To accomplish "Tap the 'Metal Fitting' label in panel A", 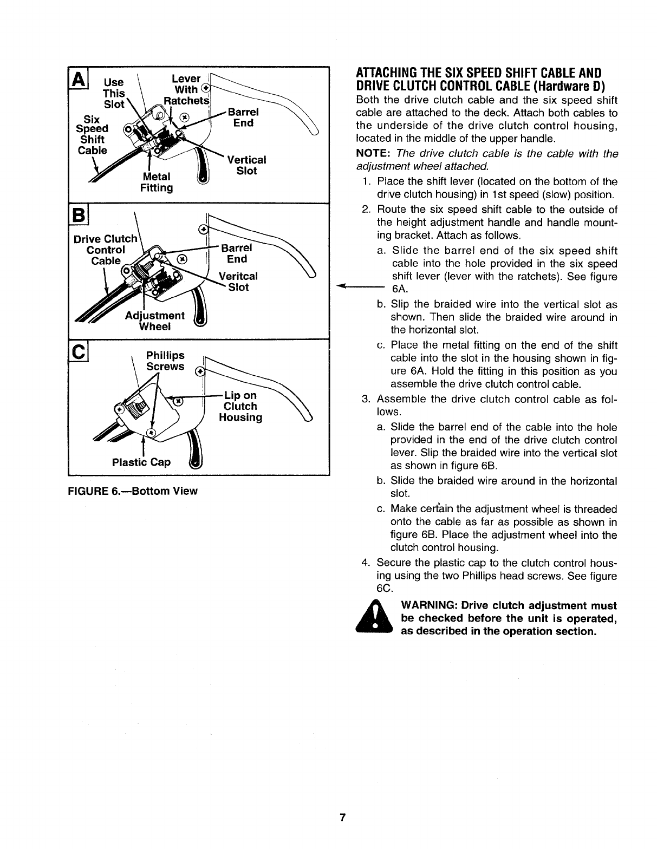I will [157, 182].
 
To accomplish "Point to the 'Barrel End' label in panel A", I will [243, 117].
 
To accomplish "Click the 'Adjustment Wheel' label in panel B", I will [155, 321].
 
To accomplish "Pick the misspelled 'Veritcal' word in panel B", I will [238, 276].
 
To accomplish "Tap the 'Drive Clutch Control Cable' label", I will [106, 249].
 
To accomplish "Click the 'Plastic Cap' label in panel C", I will [141, 462].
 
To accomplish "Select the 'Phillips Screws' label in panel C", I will [165, 361].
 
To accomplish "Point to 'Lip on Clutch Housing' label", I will [240, 406].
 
